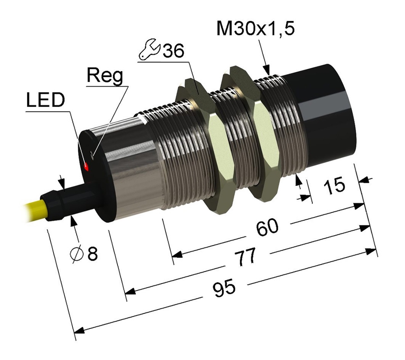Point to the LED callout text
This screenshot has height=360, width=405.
(45, 100)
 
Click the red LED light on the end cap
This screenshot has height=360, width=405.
(86, 167)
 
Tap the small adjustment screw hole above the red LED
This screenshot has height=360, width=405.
(92, 155)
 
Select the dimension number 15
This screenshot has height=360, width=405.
(334, 185)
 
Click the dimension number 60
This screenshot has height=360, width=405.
(267, 227)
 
